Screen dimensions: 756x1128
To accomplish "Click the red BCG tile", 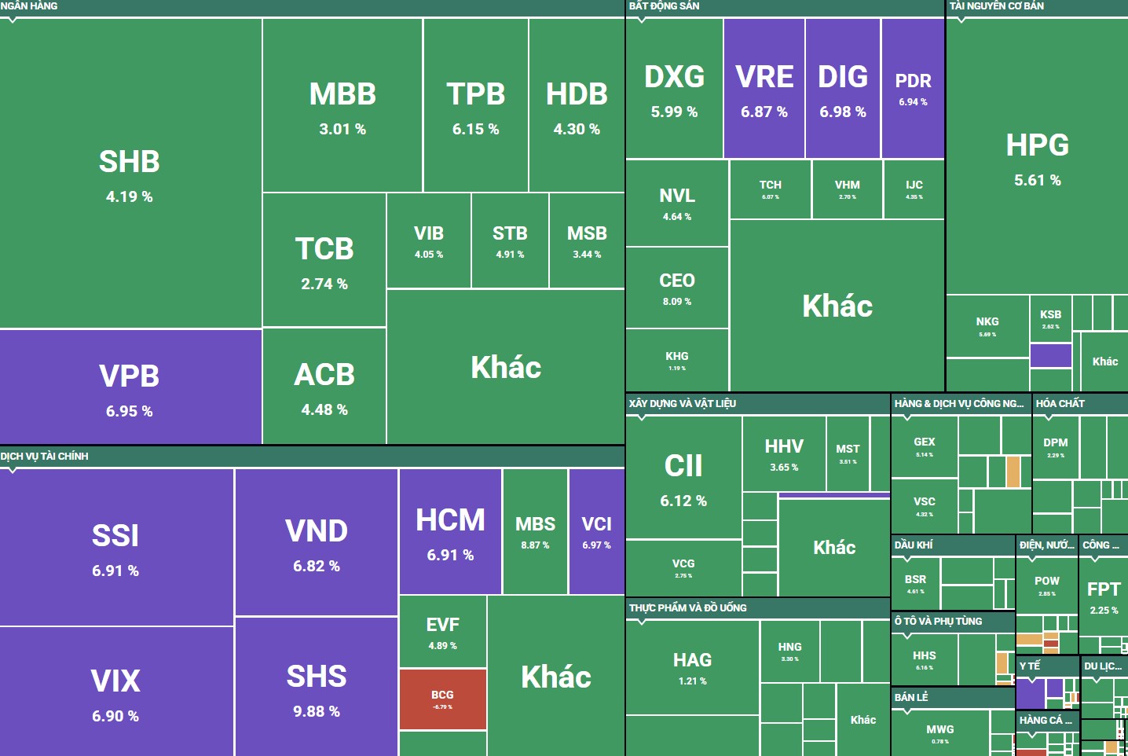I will tap(442, 699).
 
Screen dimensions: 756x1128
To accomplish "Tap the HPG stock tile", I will tap(1037, 157).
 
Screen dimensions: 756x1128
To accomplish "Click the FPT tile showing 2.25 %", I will tap(1103, 597).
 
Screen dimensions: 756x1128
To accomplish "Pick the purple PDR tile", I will tap(913, 88).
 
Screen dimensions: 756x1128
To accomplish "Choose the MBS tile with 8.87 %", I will tap(535, 532).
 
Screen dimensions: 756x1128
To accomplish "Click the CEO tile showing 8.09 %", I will tap(677, 288).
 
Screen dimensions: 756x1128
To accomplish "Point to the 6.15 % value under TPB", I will tap(475, 129).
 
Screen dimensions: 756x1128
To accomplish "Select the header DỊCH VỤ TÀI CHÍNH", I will tap(45, 457).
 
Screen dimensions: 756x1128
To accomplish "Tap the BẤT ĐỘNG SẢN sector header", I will tap(664, 6).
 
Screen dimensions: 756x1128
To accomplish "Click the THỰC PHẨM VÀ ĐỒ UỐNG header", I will tap(687, 607).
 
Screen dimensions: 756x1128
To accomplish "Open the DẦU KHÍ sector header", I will tap(913, 545).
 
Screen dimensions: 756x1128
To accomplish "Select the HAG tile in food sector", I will tap(692, 668).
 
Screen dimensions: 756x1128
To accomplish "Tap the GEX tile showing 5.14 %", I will tap(924, 446).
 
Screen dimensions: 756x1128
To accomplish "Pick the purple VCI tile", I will tap(596, 532).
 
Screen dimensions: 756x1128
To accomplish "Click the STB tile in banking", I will tap(510, 240).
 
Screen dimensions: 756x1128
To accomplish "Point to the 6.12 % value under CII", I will tap(683, 501).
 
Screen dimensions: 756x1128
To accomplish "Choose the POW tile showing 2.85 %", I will tap(1046, 585).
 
